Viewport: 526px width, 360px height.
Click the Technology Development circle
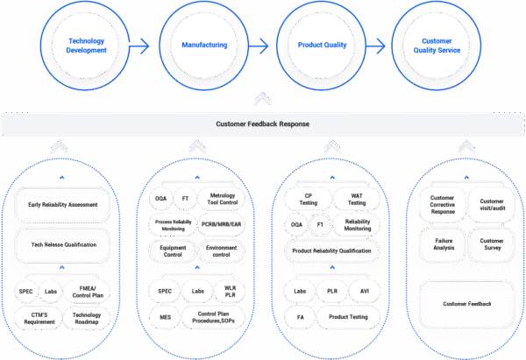(87, 46)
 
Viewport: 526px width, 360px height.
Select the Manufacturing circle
(203, 46)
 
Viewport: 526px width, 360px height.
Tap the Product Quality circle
(320, 46)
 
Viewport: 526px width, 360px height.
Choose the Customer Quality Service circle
(437, 46)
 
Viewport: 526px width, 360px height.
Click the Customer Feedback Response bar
(262, 124)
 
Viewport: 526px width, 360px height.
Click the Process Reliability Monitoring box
(174, 224)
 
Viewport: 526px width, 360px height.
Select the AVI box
(365, 291)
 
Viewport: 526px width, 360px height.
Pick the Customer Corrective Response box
(441, 204)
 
